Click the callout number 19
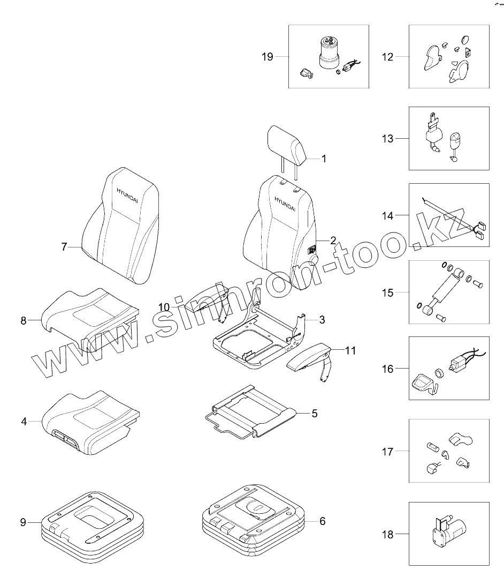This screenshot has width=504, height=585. (267, 57)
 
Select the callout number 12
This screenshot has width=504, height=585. (387, 57)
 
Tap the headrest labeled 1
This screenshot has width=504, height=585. (287, 143)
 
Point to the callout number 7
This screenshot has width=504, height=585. (64, 246)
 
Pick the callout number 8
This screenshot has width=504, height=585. (24, 320)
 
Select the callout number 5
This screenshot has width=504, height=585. (314, 413)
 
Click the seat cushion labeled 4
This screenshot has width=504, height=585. (91, 418)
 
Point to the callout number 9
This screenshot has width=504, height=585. (23, 521)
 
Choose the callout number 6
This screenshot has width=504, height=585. (322, 521)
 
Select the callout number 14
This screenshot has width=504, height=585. (387, 215)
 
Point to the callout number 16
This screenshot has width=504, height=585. (387, 369)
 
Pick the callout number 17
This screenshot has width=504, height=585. (387, 452)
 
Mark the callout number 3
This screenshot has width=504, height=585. (322, 320)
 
